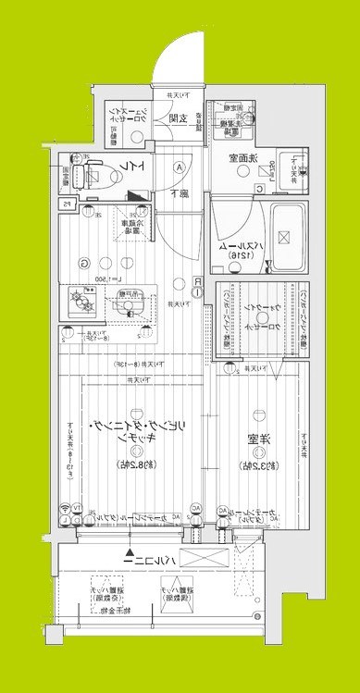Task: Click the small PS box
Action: (x=66, y=205)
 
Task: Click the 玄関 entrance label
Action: (x=180, y=118)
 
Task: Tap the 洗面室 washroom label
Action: (x=244, y=157)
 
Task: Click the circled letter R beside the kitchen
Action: (x=198, y=281)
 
